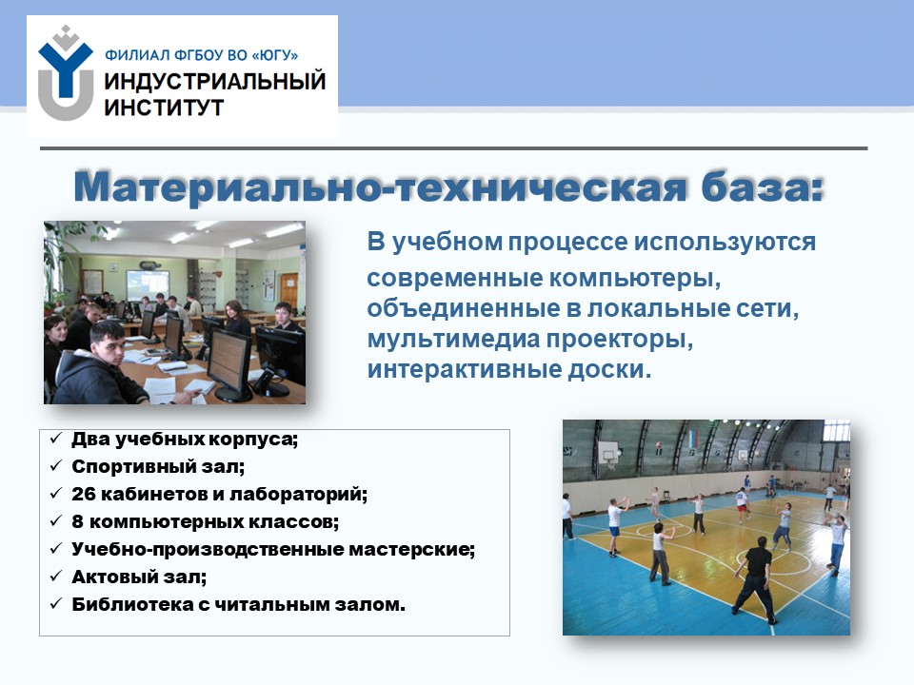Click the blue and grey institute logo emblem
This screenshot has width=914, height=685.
pos(66,73)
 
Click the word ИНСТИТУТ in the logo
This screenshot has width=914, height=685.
pos(164,108)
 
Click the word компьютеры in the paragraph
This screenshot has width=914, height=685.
pos(635,278)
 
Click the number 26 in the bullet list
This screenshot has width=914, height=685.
pos(84,494)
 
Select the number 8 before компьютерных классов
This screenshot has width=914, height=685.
pos(77,521)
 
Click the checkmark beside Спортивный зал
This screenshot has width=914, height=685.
pos(56,466)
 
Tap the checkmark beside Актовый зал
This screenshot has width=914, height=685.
pos(56,577)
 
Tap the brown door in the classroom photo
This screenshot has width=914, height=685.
pos(288,291)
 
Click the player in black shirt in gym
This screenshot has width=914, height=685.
pos(755,579)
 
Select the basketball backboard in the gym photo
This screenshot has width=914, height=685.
pos(608,451)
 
